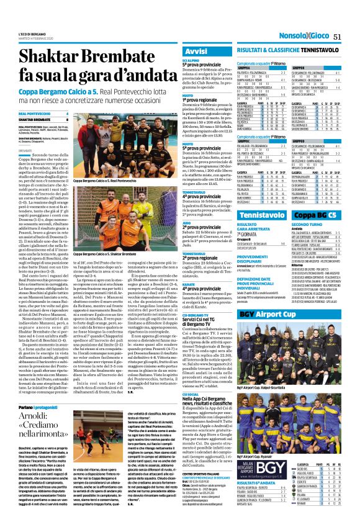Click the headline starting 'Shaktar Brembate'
click(x=93, y=68)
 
